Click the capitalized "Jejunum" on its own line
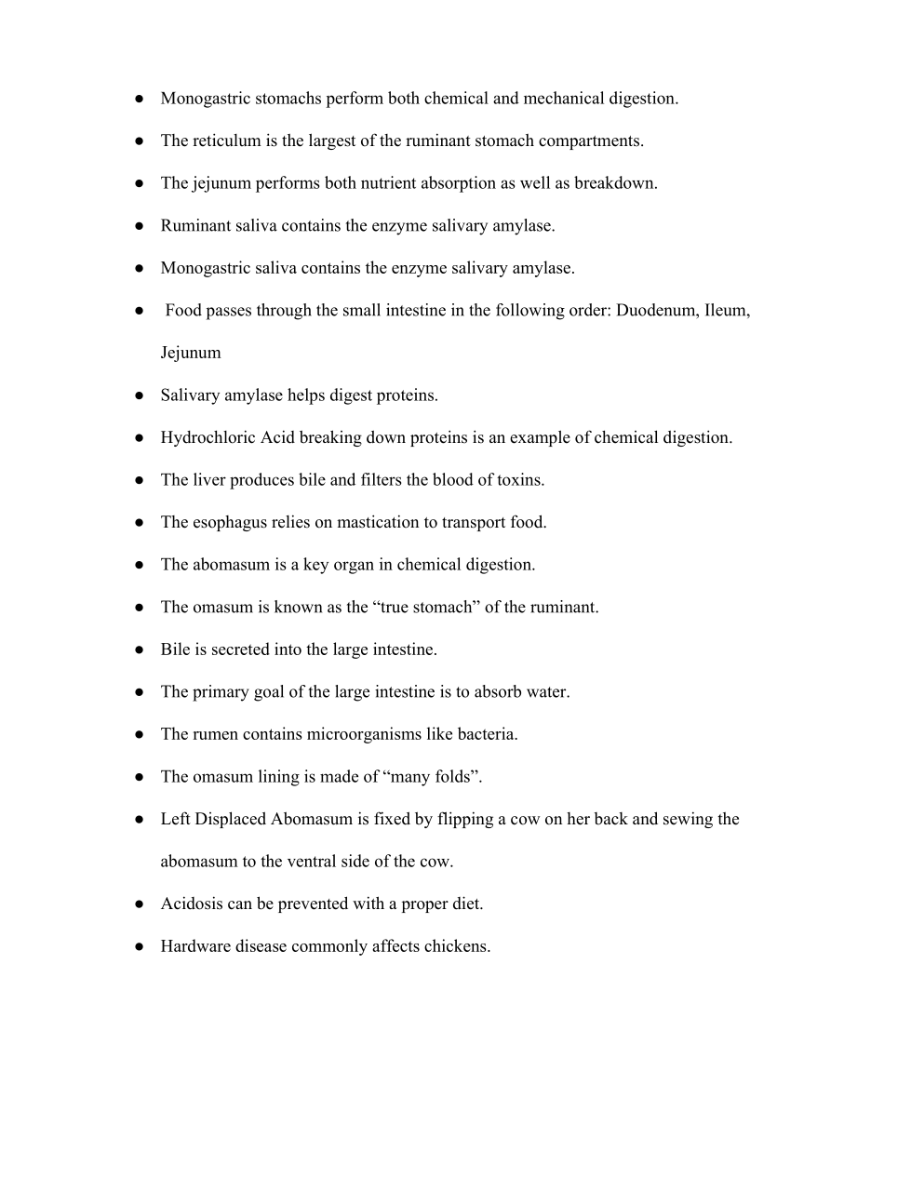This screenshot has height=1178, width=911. coord(191,353)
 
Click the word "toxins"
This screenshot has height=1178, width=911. coord(517,480)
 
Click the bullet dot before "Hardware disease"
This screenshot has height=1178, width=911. coord(139,946)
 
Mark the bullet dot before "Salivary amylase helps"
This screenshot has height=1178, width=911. coord(139,395)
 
